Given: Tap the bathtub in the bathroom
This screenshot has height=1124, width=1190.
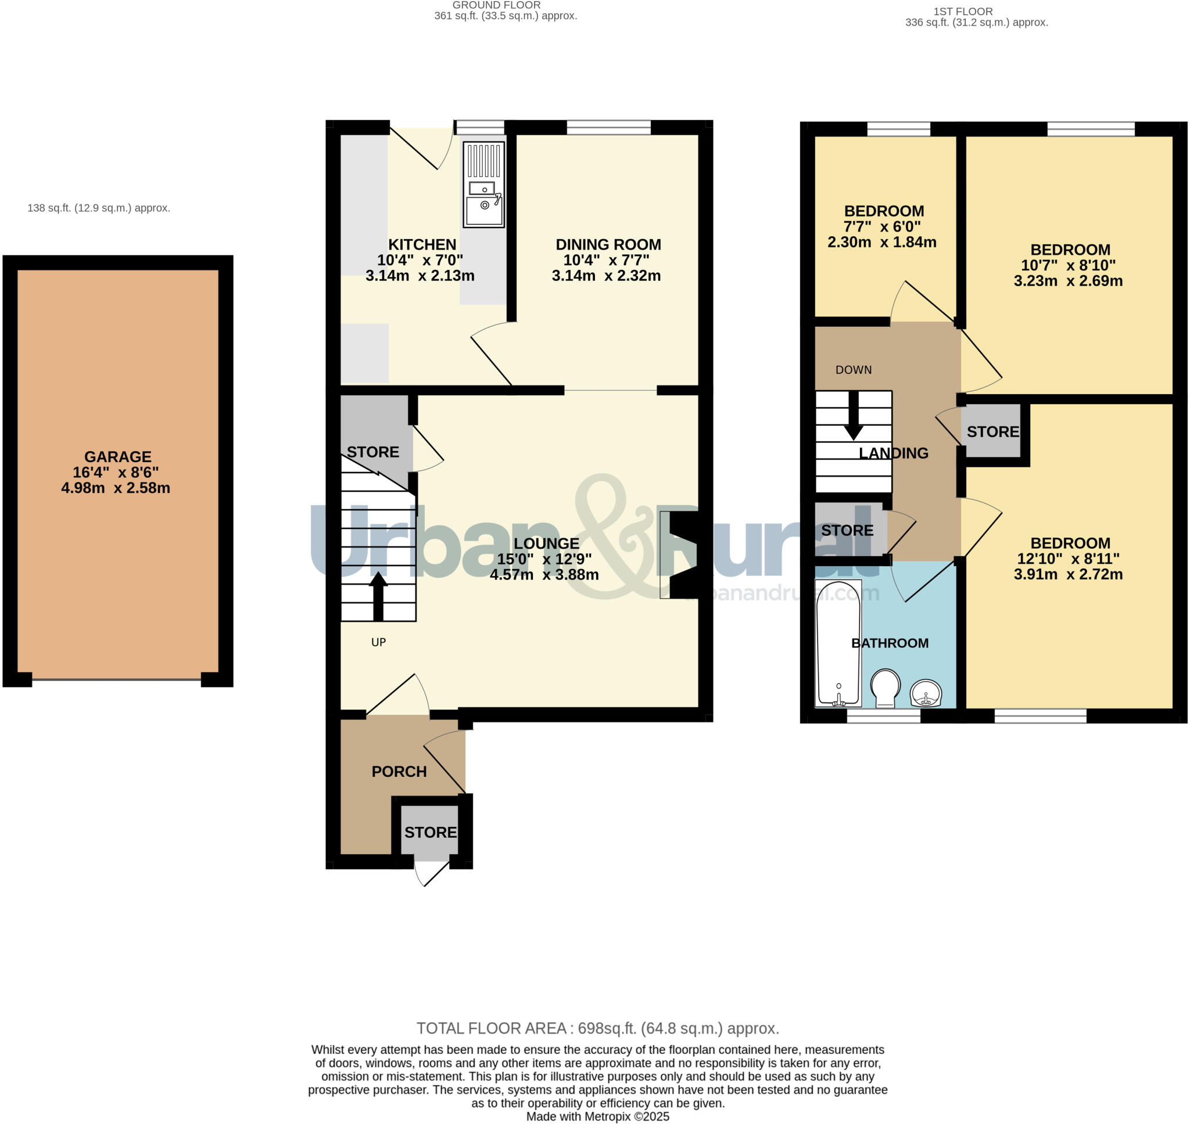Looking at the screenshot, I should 838,643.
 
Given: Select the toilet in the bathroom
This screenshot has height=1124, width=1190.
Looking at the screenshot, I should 885,688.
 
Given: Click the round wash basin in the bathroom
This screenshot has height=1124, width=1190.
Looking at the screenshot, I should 926,694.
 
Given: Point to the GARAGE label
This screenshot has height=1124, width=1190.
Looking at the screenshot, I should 117,456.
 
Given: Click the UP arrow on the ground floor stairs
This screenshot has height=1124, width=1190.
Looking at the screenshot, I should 378,596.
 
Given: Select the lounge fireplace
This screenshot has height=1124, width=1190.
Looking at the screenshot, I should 680,554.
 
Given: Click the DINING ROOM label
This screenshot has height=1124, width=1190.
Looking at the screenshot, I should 608,244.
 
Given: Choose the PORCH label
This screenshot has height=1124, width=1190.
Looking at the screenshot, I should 399,772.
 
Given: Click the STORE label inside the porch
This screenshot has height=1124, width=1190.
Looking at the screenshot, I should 430,832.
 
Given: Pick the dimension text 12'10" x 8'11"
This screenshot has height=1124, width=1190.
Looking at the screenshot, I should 1068,559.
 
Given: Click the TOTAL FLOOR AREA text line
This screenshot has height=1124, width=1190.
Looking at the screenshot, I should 597,1029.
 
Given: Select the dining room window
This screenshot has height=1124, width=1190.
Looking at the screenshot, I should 608,127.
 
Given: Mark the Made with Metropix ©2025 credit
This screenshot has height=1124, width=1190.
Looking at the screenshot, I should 597,1117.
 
